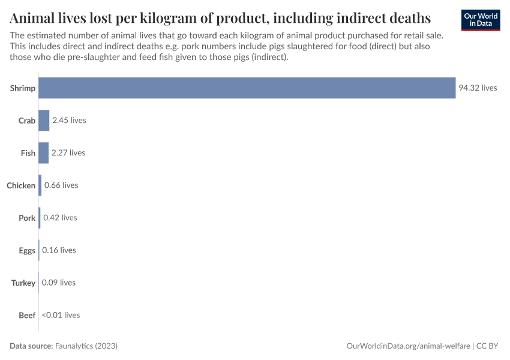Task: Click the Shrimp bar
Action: (x=247, y=88)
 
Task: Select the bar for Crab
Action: (x=44, y=121)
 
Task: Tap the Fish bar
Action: (x=43, y=153)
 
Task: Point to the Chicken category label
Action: (x=21, y=185)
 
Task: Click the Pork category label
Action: (x=27, y=218)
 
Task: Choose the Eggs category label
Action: (x=27, y=250)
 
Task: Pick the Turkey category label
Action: (x=23, y=283)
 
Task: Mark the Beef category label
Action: (x=27, y=315)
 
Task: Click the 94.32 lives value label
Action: (x=478, y=88)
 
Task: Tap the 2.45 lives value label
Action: (x=69, y=121)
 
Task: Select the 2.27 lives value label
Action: (x=68, y=153)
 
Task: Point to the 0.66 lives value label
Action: (x=61, y=185)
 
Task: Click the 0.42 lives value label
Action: (x=60, y=218)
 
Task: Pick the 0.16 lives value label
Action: (x=59, y=250)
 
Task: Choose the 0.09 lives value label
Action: (x=59, y=283)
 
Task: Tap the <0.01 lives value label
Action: (x=61, y=315)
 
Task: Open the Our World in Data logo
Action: (x=481, y=20)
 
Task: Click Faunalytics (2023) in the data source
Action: (x=86, y=346)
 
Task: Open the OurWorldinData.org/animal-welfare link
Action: (x=408, y=346)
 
